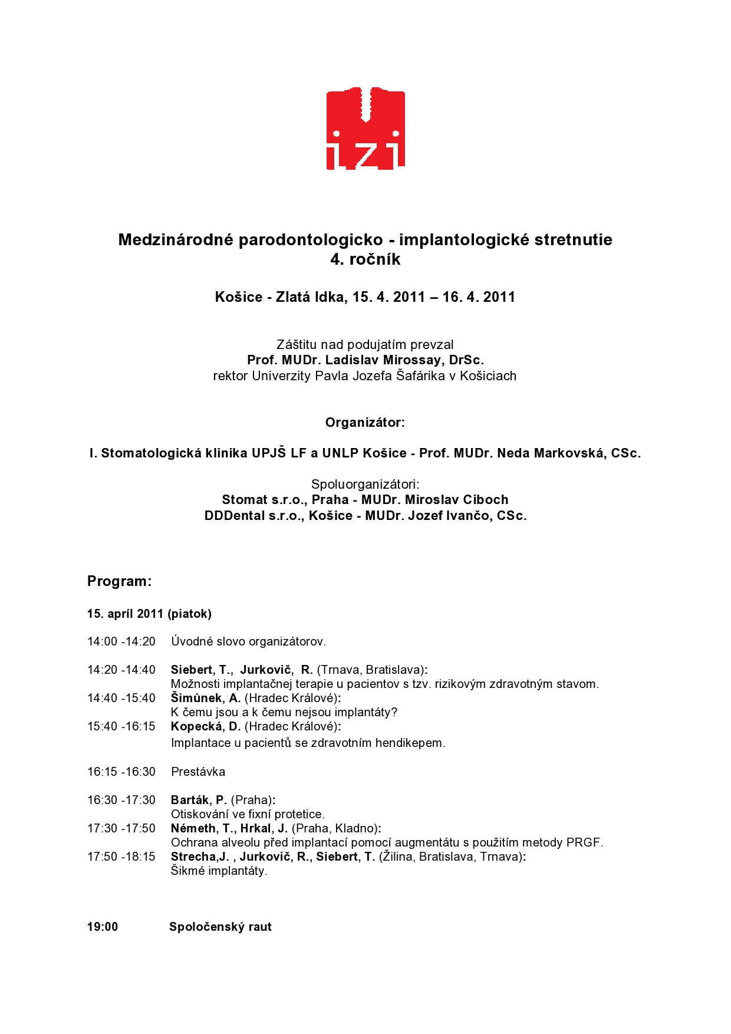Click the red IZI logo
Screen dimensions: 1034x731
tap(365, 129)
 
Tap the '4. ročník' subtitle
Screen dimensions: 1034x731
tap(365, 259)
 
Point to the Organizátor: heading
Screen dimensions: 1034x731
tap(365, 423)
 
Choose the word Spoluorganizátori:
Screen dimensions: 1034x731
tap(365, 485)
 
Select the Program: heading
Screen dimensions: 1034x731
tap(120, 581)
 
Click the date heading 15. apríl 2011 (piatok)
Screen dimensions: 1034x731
tap(149, 614)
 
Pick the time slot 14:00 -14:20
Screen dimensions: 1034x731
tap(121, 641)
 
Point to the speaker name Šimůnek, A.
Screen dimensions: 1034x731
tap(205, 698)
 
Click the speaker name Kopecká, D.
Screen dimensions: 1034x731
tap(205, 726)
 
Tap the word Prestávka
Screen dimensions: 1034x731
tap(198, 772)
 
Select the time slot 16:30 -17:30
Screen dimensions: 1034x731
tap(121, 800)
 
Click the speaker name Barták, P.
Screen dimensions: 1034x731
tap(199, 800)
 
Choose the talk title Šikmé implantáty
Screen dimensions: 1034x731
tap(219, 871)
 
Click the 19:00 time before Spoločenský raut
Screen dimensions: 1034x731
tap(103, 927)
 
